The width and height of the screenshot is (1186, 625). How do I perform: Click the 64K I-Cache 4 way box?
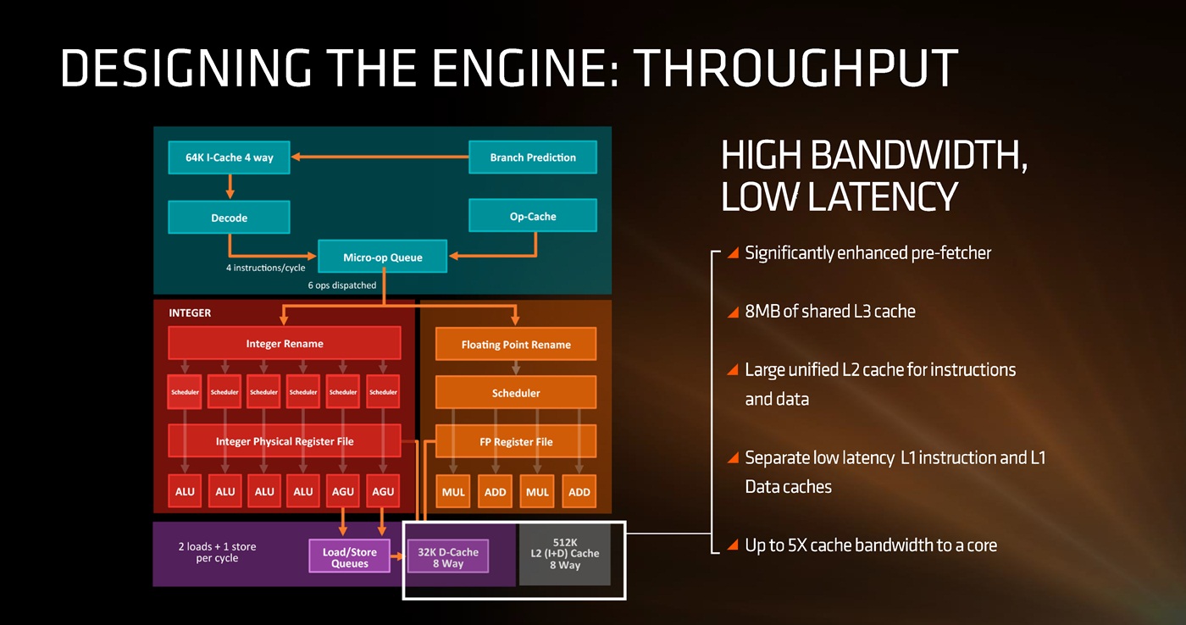coord(230,158)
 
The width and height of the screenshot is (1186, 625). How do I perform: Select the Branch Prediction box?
coord(533,158)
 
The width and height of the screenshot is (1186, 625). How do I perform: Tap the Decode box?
coord(229,218)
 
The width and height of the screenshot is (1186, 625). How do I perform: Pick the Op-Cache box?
coord(533,216)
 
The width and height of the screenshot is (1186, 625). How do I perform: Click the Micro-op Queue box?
coord(382,257)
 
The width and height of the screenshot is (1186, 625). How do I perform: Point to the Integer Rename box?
coord(285,344)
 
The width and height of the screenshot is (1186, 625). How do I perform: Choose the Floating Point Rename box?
coord(516,345)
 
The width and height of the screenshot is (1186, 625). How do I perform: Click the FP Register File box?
coord(516,441)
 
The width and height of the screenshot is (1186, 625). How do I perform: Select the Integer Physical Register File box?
coord(285,441)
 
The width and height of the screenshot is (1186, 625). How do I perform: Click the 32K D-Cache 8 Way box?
coord(447,556)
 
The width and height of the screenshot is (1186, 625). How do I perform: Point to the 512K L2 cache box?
coord(564,554)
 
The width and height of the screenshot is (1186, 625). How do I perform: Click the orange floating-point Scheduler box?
coord(516,393)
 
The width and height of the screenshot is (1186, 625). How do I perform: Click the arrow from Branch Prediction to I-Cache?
coord(381,158)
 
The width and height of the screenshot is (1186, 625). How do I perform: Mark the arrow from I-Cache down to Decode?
coord(230,186)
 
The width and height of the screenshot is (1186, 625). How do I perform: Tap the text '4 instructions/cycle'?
coord(265,268)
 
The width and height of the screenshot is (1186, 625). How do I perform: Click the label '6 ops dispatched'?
coord(341,285)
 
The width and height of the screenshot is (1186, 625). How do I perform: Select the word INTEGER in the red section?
coord(190,312)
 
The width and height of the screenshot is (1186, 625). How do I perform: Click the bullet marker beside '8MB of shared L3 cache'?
coord(734,312)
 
